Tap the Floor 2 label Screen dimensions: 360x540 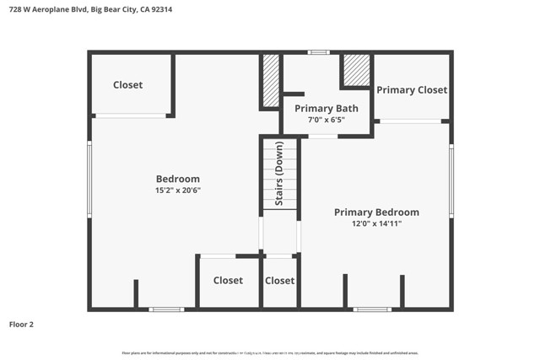tap(21, 324)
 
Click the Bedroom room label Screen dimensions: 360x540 tap(178, 179)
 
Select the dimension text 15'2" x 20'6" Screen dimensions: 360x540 tap(178, 191)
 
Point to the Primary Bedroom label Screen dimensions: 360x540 tap(376, 212)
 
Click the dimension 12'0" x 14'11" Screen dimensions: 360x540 tap(376, 224)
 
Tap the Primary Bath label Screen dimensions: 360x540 tap(326, 108)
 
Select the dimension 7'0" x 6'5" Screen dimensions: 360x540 tap(326, 120)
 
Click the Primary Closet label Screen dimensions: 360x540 tap(412, 90)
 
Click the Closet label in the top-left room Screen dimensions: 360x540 tap(128, 85)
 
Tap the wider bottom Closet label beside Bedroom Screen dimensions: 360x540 tap(228, 281)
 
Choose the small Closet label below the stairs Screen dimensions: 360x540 tap(280, 281)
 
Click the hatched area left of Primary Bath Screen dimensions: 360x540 tap(271, 81)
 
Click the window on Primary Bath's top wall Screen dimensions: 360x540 tap(318, 52)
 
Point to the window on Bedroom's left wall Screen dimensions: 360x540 tap(89, 180)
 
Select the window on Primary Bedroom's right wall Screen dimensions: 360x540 tap(451, 181)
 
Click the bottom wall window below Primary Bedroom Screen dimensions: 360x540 tap(372, 309)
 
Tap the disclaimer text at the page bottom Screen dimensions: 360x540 tap(270, 352)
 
